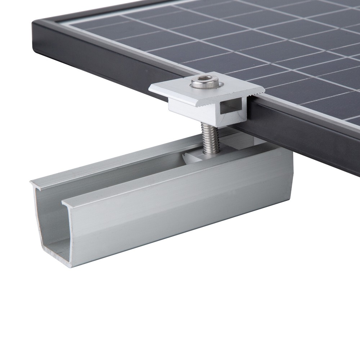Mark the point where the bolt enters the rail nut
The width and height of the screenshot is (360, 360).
[209, 151]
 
